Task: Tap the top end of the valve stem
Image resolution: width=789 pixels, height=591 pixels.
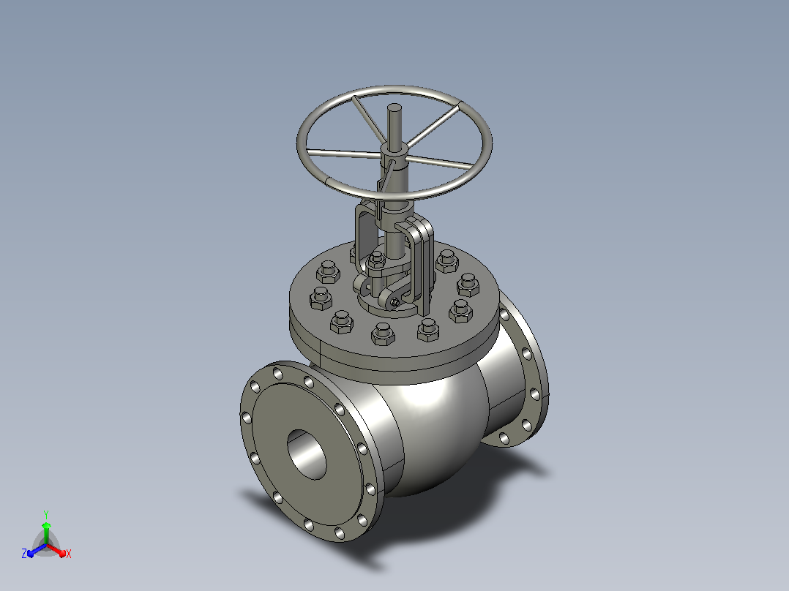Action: [x=394, y=107]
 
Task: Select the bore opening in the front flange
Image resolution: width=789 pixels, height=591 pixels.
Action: [x=307, y=455]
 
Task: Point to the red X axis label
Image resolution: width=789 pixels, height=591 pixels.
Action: [x=69, y=554]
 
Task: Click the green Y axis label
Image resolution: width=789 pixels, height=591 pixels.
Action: [x=46, y=514]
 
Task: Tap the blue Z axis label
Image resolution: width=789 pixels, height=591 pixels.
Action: [x=23, y=554]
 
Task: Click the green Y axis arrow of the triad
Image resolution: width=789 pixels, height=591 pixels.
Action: [x=46, y=533]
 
